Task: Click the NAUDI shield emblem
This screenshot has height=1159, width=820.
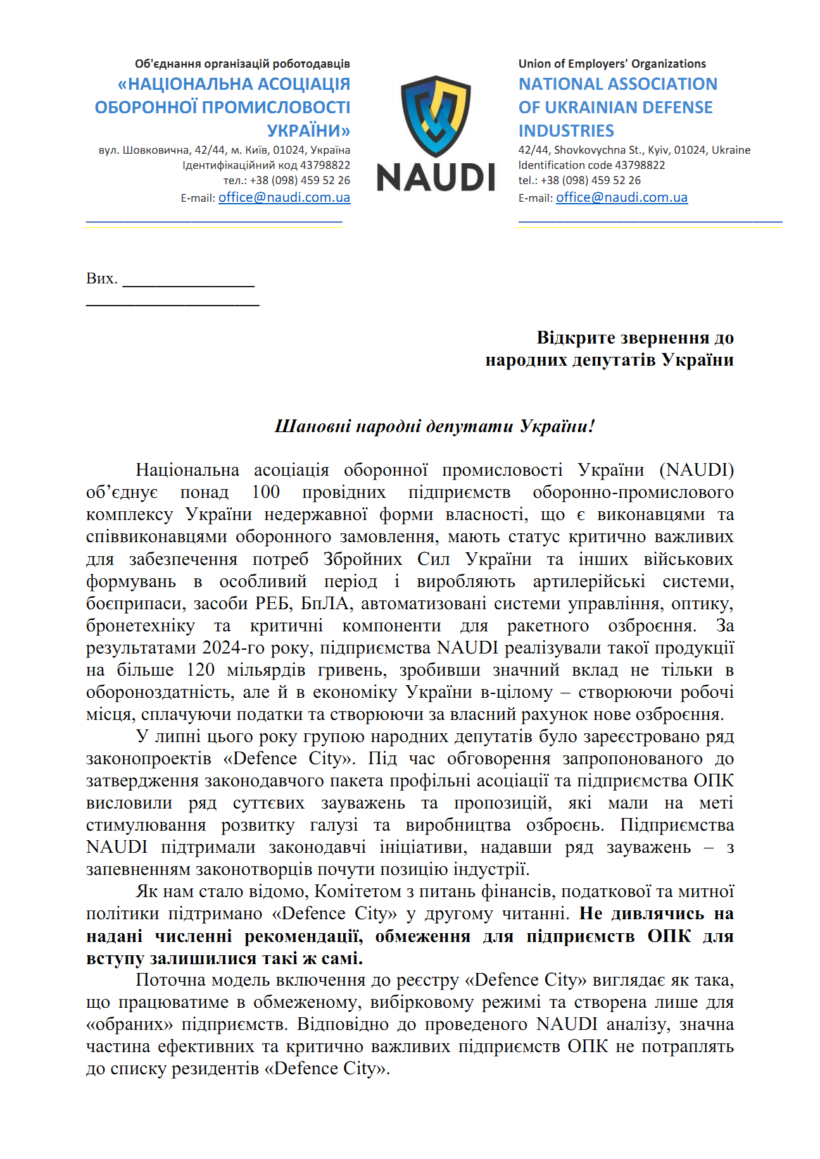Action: click(x=436, y=116)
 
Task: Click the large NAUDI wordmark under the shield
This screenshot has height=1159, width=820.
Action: click(x=436, y=177)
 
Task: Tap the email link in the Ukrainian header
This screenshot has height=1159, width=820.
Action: click(x=284, y=197)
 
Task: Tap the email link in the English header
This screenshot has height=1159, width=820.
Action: click(x=621, y=197)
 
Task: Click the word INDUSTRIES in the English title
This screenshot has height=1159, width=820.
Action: click(x=566, y=131)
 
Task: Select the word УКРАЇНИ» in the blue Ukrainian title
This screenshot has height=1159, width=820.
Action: click(x=308, y=131)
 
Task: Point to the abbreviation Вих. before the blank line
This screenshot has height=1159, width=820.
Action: click(x=101, y=278)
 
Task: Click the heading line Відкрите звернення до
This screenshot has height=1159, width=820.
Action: click(x=634, y=337)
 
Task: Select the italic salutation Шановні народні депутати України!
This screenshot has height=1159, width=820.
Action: click(x=434, y=426)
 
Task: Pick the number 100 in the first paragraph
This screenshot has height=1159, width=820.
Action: click(x=265, y=492)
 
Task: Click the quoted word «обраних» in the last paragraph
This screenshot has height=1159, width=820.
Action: click(x=130, y=1024)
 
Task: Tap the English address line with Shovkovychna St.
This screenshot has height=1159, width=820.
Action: click(x=634, y=150)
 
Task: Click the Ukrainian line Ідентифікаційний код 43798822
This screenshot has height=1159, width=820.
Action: click(x=266, y=165)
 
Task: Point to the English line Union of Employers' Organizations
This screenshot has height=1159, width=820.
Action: click(x=612, y=64)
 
